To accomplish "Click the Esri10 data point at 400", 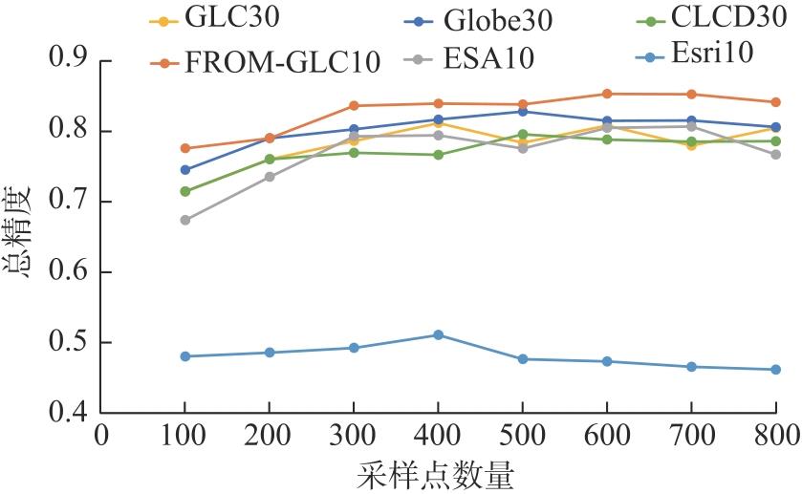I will (x=438, y=334).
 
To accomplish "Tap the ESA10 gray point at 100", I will (x=185, y=220).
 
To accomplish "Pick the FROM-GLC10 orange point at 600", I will (x=607, y=94).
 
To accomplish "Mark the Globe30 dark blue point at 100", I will (x=185, y=170).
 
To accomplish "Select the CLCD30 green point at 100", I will (x=185, y=191).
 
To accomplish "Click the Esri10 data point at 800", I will (x=775, y=370).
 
